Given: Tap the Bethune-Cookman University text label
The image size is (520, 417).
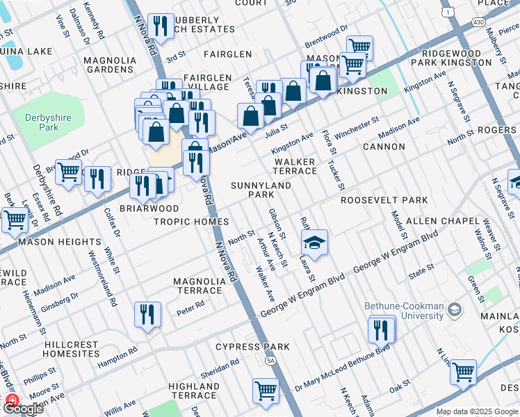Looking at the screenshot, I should point(403,311).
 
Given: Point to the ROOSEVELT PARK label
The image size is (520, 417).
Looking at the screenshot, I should point(384,200).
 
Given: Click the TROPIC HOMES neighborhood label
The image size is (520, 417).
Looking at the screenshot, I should point(191,222).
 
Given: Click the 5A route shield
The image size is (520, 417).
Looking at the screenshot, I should point(270,361).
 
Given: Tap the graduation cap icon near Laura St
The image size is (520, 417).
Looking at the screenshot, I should point(314,243).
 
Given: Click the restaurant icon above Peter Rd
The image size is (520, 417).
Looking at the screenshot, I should point(149,314).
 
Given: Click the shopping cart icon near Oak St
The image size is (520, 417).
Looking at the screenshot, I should point(463,372).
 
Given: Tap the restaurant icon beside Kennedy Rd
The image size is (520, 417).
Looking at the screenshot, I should point(161,26).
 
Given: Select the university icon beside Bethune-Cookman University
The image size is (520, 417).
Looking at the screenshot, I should point(455,309).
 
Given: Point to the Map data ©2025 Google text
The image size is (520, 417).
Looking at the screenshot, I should point(476,412).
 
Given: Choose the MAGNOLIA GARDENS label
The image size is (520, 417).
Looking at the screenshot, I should point(110,65).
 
